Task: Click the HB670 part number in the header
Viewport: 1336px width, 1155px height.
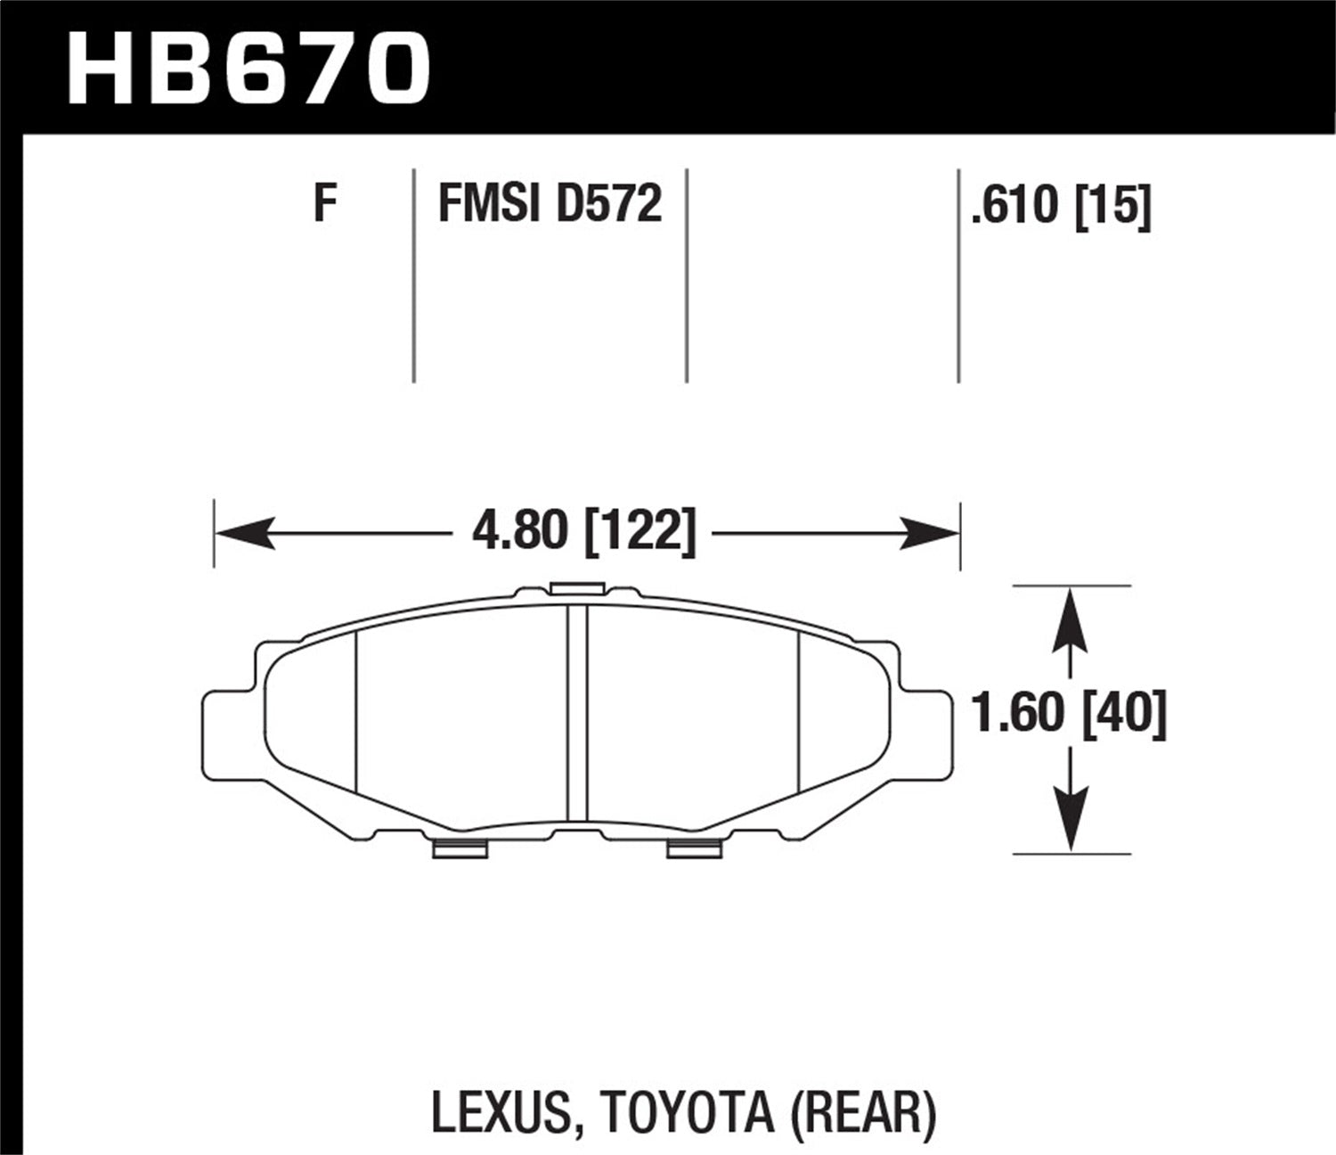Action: (248, 67)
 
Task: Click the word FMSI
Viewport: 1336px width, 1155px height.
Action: (488, 204)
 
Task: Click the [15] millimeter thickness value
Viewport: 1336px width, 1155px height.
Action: (1113, 206)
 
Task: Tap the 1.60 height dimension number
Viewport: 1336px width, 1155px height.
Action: (1020, 714)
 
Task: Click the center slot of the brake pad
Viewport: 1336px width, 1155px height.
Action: (578, 713)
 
